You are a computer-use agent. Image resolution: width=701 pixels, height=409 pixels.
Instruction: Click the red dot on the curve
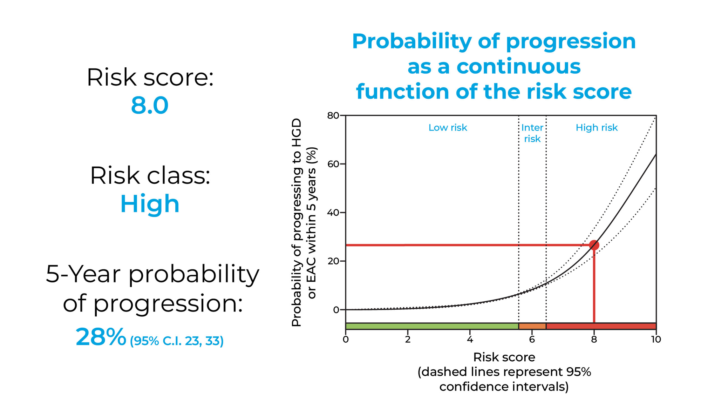pyautogui.click(x=594, y=245)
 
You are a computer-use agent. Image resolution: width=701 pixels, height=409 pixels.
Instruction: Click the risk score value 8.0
pyautogui.click(x=150, y=106)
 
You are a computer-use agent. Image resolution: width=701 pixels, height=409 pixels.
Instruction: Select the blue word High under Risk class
pyautogui.click(x=150, y=204)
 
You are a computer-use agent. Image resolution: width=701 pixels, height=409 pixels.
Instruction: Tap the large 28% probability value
pyautogui.click(x=101, y=337)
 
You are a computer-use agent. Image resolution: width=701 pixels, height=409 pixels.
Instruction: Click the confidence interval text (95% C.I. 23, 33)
pyautogui.click(x=177, y=341)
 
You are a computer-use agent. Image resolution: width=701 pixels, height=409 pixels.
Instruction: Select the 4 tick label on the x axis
pyautogui.click(x=470, y=339)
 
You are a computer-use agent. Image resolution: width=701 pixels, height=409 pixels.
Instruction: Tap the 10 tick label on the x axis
pyautogui.click(x=656, y=339)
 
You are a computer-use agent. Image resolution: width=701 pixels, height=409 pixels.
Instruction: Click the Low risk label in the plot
pyautogui.click(x=448, y=128)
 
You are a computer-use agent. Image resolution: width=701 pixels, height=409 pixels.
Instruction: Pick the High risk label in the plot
pyautogui.click(x=597, y=128)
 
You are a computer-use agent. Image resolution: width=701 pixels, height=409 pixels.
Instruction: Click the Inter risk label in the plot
pyautogui.click(x=532, y=133)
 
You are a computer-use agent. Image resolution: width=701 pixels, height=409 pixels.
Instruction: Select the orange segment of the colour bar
pyautogui.click(x=532, y=326)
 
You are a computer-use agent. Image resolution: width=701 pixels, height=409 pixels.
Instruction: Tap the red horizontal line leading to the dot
pyautogui.click(x=456, y=245)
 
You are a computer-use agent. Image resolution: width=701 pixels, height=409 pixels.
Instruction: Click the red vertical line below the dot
pyautogui.click(x=594, y=288)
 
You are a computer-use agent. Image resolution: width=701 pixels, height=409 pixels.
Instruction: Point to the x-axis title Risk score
pyautogui.click(x=504, y=357)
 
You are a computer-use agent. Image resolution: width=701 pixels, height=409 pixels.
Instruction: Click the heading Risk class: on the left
pyautogui.click(x=150, y=175)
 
